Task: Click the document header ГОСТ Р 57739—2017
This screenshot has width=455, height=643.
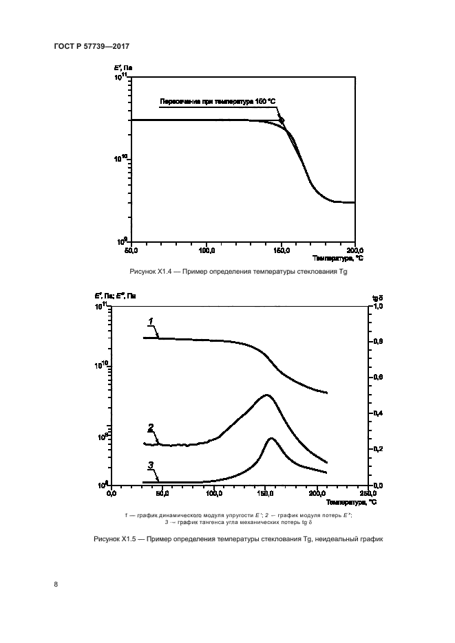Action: (x=92, y=45)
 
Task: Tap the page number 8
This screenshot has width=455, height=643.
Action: (x=56, y=585)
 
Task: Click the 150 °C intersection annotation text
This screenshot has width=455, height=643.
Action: (x=218, y=102)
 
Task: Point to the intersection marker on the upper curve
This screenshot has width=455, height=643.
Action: (x=281, y=120)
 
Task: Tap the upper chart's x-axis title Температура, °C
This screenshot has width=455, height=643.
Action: (x=338, y=259)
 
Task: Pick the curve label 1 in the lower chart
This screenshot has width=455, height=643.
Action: (x=150, y=321)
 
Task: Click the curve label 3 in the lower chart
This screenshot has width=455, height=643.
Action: (x=150, y=465)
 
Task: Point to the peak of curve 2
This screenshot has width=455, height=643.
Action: (x=266, y=395)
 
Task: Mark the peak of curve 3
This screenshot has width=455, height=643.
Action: (x=271, y=438)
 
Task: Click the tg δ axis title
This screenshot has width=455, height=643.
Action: (x=377, y=296)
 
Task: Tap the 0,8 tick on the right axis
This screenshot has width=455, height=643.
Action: (x=377, y=342)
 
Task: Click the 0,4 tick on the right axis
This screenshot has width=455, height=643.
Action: (x=377, y=413)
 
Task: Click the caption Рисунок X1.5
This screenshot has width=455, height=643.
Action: (x=237, y=538)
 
